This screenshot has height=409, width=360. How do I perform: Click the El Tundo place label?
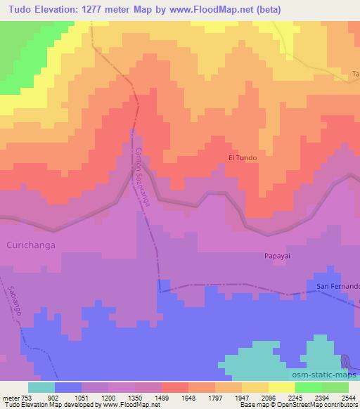(243, 158)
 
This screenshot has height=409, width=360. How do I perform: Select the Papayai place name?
(277, 257)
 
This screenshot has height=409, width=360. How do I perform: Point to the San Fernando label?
(337, 286)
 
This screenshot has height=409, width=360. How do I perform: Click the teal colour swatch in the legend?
(41, 387)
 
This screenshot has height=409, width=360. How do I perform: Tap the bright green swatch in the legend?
(309, 387)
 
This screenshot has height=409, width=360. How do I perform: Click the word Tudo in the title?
(21, 8)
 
